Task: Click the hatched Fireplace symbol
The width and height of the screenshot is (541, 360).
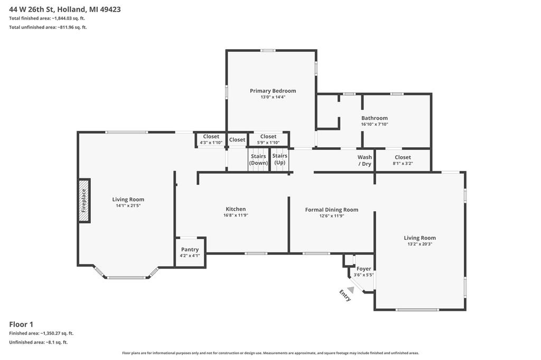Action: pyautogui.click(x=84, y=201)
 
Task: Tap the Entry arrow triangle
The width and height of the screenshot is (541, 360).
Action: pyautogui.click(x=351, y=290)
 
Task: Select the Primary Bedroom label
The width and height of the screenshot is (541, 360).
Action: pyautogui.click(x=273, y=91)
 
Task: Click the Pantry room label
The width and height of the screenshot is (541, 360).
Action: pyautogui.click(x=190, y=249)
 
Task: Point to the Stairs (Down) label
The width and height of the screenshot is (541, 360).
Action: pyautogui.click(x=258, y=159)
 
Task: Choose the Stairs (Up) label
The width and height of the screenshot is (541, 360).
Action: pyautogui.click(x=280, y=159)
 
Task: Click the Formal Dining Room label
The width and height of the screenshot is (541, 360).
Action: pyautogui.click(x=332, y=210)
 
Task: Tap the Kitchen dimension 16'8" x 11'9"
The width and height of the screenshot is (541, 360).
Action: pyautogui.click(x=236, y=215)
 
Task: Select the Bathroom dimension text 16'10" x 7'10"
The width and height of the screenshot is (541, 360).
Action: pyautogui.click(x=375, y=124)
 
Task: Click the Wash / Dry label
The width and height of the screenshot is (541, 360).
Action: pyautogui.click(x=365, y=160)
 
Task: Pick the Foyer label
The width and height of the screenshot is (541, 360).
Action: pyautogui.click(x=363, y=269)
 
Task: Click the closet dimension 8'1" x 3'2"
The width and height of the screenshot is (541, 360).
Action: pyautogui.click(x=403, y=164)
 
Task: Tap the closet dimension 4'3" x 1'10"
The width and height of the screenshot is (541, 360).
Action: pyautogui.click(x=211, y=143)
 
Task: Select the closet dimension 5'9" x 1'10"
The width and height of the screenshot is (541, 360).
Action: pyautogui.click(x=268, y=143)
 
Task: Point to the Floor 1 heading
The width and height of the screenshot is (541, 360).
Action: pyautogui.click(x=21, y=324)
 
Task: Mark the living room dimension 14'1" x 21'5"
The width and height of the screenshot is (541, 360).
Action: pyautogui.click(x=128, y=205)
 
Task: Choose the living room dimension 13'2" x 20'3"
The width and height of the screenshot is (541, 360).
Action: pyautogui.click(x=420, y=244)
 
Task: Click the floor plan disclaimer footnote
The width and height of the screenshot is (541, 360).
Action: pyautogui.click(x=270, y=353)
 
